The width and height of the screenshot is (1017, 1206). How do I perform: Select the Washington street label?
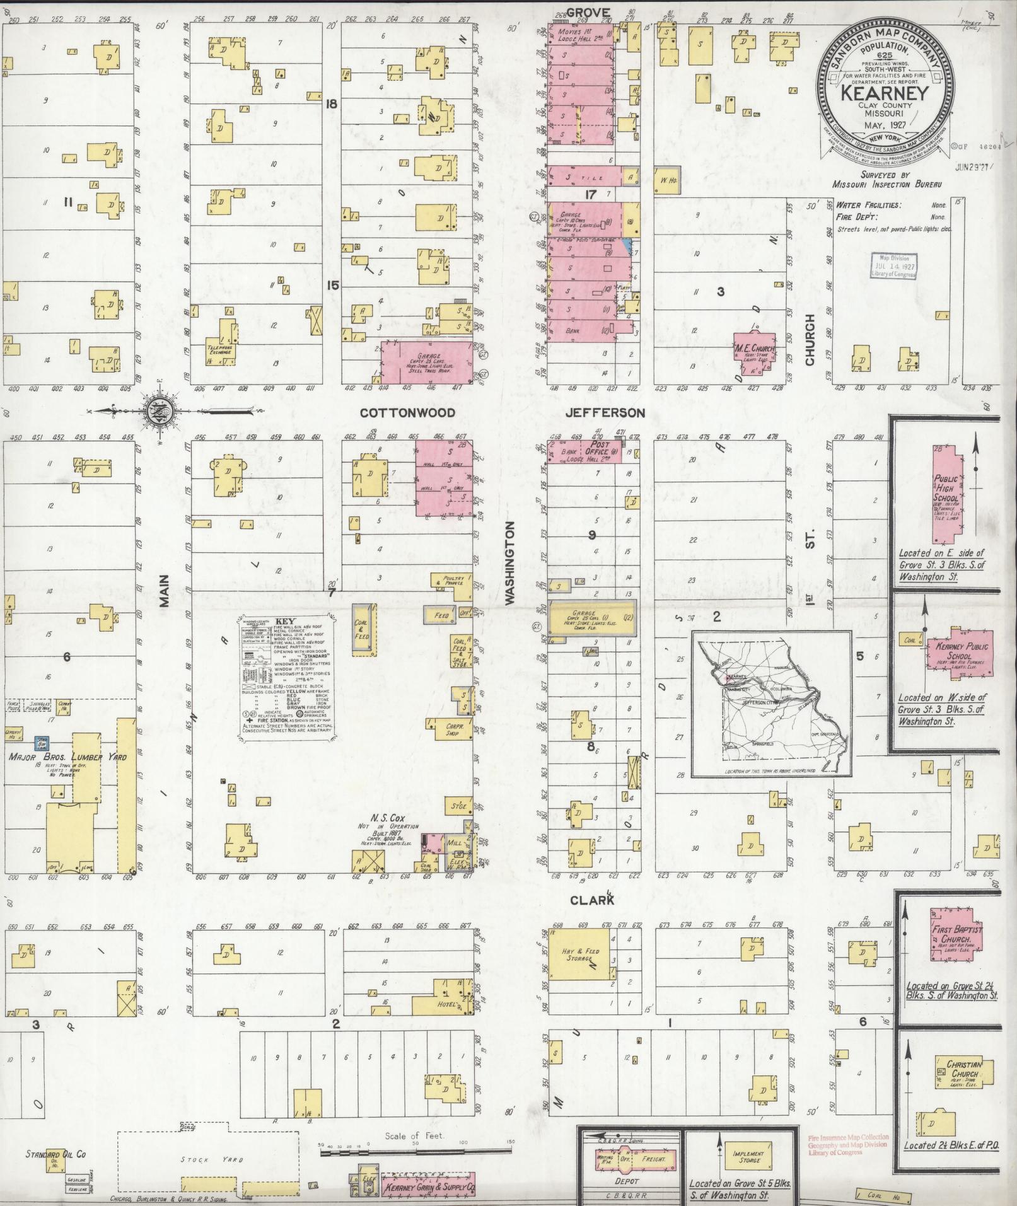511,563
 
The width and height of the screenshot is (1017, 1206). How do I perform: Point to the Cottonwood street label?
407,413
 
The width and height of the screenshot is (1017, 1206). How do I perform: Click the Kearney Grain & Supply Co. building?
427,1187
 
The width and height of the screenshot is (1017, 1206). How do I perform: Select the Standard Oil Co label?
55,1154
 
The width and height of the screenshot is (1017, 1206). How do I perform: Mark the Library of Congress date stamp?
895,265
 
